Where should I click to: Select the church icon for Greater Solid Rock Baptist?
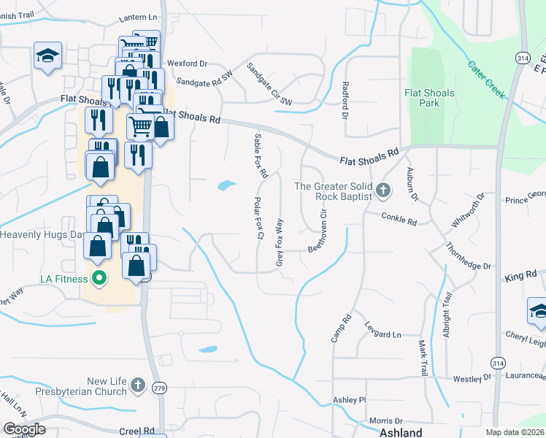pos(383,191)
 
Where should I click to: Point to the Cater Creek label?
pos(486,80)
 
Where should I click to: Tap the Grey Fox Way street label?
pos(280,240)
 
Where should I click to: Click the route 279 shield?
pos(159,389)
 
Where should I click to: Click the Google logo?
pos(24,429)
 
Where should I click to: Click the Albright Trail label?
pos(447,310)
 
